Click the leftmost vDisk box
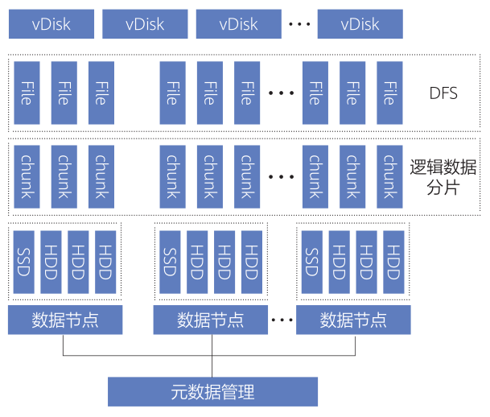51,24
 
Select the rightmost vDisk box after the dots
359,24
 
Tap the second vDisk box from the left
145,24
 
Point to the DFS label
443,93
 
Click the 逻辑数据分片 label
443,179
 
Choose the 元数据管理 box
212,392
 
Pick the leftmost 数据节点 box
64,320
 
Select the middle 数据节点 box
210,320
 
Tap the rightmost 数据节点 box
353,320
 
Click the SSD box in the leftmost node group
24,262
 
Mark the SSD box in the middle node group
170,262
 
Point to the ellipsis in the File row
282,93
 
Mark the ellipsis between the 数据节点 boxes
282,320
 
